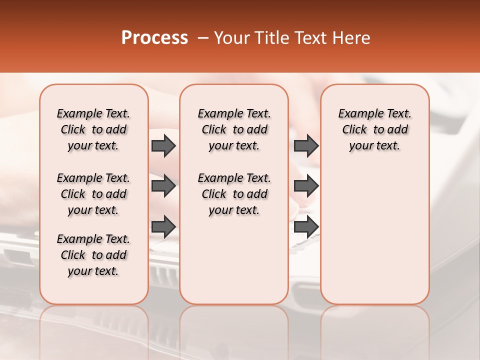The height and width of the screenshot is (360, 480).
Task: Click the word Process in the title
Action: (x=154, y=38)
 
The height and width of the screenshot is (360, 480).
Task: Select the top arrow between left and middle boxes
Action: (x=163, y=145)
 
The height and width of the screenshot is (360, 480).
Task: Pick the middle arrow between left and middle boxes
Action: (x=163, y=186)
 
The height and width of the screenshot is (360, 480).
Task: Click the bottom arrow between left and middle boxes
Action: (x=163, y=226)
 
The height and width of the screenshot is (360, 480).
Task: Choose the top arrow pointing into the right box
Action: (x=306, y=145)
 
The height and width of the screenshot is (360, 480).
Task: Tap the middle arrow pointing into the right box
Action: (x=306, y=186)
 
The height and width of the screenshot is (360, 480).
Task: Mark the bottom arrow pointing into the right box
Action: (x=306, y=226)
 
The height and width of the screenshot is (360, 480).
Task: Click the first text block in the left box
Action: (x=93, y=129)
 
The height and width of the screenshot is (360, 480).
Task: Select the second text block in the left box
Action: (x=93, y=194)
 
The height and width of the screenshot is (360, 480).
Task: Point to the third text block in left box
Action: (x=93, y=255)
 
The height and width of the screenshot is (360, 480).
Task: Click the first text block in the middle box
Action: (x=234, y=129)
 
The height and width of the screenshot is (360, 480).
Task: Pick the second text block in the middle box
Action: (x=234, y=194)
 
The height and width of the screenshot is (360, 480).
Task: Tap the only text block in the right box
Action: (x=374, y=129)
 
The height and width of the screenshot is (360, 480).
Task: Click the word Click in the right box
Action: (x=354, y=130)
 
